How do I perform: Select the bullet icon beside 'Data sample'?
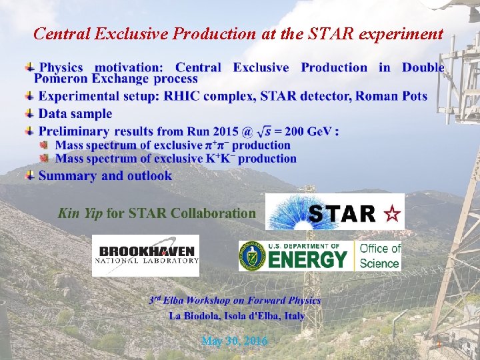coord(30,114)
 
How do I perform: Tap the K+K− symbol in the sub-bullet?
coord(213,159)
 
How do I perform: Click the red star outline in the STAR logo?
coord(393,214)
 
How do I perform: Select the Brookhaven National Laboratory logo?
coord(145,255)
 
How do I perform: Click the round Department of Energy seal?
coord(252,256)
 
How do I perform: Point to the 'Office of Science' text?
coord(379,255)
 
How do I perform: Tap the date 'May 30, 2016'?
coord(234,341)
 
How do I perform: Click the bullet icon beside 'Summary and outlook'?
coord(30,176)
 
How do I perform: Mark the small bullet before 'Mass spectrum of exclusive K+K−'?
coord(45,159)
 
